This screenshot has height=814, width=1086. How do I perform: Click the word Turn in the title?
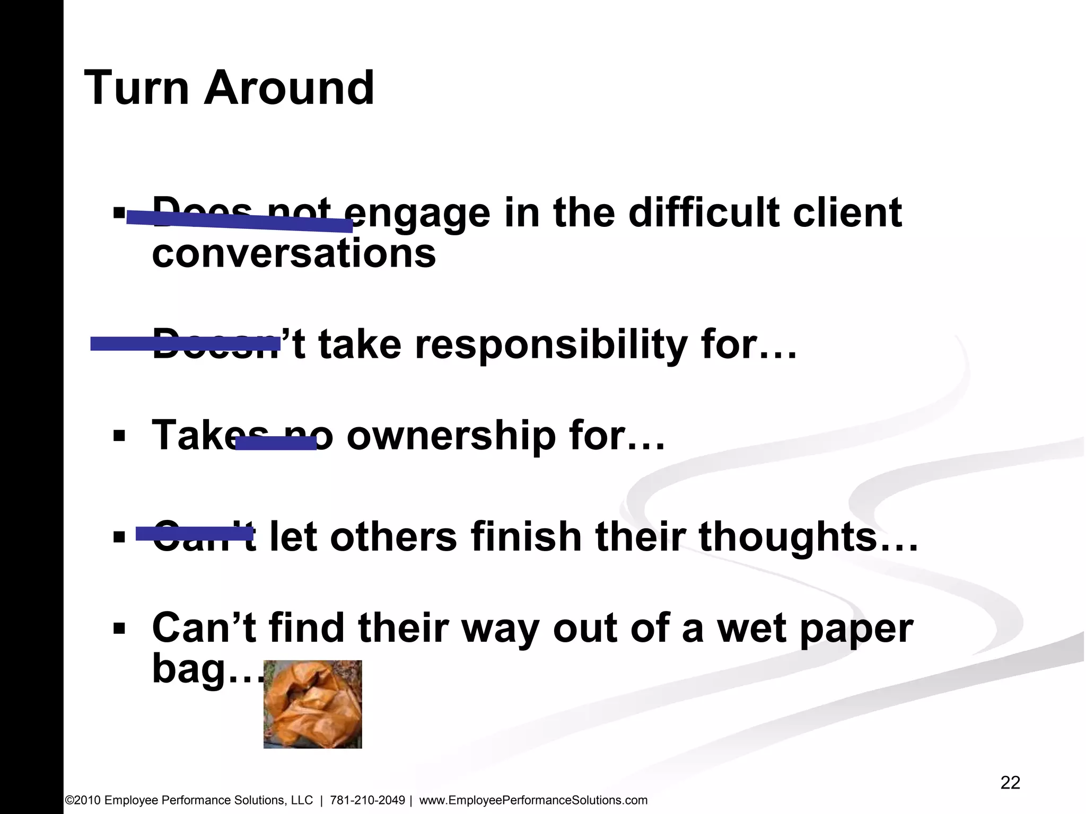click(136, 88)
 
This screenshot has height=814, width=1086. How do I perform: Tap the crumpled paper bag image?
click(312, 704)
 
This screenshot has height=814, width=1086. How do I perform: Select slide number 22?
click(1010, 782)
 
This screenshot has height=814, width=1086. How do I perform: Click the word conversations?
click(293, 253)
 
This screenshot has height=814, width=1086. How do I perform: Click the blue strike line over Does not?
click(240, 222)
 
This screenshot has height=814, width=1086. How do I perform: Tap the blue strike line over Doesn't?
click(185, 344)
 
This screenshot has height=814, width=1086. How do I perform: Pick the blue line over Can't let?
click(194, 534)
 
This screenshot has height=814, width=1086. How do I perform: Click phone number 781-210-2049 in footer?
click(367, 800)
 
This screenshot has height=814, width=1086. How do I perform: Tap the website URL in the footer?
click(533, 800)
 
